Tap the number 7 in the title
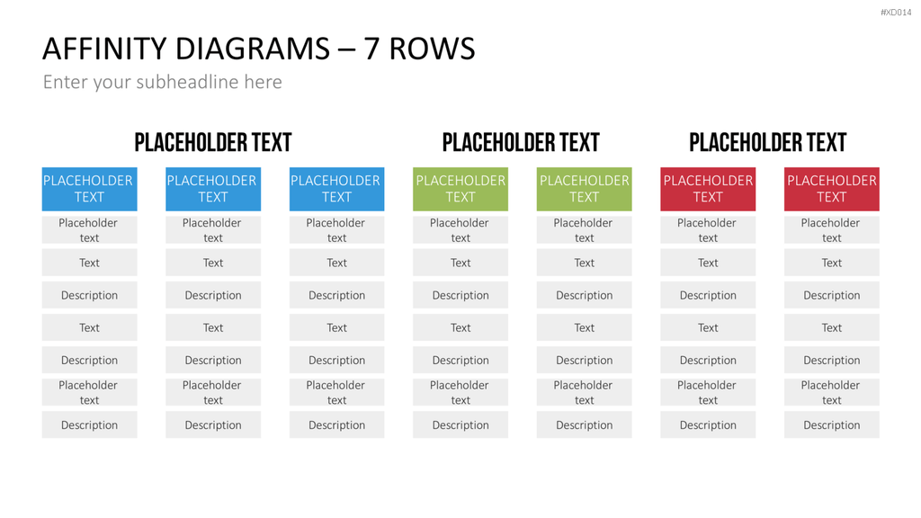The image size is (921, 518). pyautogui.click(x=371, y=49)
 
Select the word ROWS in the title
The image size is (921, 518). pyautogui.click(x=432, y=49)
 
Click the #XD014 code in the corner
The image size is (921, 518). pyautogui.click(x=896, y=13)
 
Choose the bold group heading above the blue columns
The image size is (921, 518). pyautogui.click(x=213, y=142)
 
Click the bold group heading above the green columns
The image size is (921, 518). pyautogui.click(x=521, y=142)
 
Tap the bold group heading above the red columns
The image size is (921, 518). pyautogui.click(x=768, y=142)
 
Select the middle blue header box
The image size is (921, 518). pyautogui.click(x=213, y=189)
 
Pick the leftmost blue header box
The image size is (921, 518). pyautogui.click(x=89, y=189)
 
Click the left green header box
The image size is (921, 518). pyautogui.click(x=460, y=189)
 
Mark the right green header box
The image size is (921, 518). pyautogui.click(x=585, y=189)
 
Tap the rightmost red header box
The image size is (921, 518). pyautogui.click(x=832, y=189)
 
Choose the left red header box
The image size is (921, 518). pyautogui.click(x=708, y=189)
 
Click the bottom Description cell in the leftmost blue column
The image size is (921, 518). pyautogui.click(x=89, y=424)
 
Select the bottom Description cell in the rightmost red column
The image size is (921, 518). pyautogui.click(x=832, y=424)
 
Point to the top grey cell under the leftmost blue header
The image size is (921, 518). pyautogui.click(x=89, y=230)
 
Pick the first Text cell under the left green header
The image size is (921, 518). pyautogui.click(x=460, y=263)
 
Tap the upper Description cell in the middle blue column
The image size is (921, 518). pyautogui.click(x=213, y=295)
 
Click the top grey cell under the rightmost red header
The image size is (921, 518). pyautogui.click(x=832, y=230)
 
